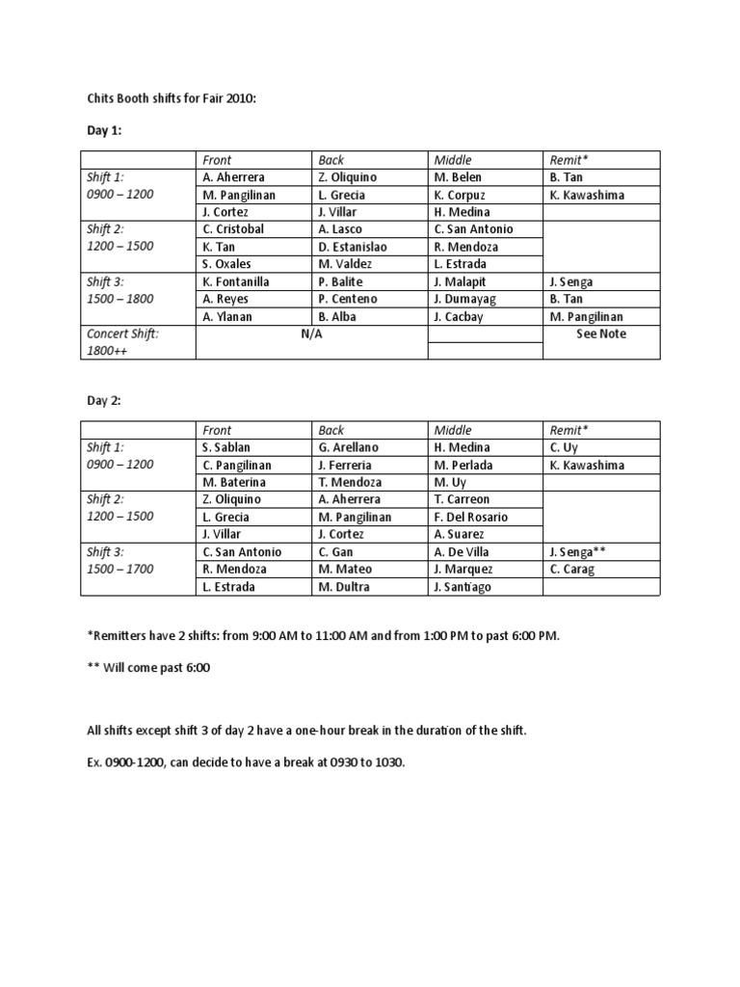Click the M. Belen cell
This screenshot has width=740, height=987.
click(x=458, y=177)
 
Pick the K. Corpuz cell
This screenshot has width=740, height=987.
click(x=462, y=195)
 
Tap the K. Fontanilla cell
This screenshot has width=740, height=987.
click(x=237, y=281)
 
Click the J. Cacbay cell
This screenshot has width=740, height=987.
click(x=460, y=316)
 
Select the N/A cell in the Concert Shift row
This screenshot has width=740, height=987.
click(x=311, y=333)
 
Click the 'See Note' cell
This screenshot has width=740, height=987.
click(x=601, y=333)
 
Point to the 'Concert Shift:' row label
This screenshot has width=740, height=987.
click(x=122, y=333)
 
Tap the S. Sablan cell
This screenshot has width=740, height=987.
click(x=225, y=447)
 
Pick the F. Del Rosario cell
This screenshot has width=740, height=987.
click(x=471, y=517)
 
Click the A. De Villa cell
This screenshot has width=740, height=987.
click(x=462, y=551)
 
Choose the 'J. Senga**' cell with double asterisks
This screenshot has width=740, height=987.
click(x=578, y=551)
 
